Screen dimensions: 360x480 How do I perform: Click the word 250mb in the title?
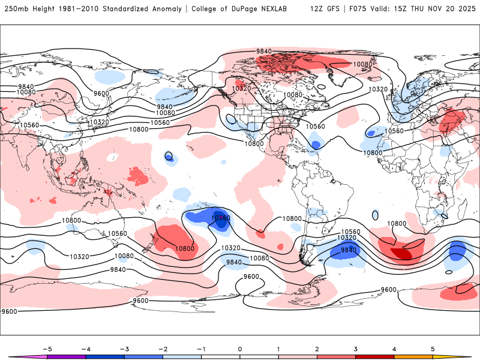click(14, 9)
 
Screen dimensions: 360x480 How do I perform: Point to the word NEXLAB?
click(279, 9)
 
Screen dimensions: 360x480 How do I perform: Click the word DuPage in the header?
click(247, 9)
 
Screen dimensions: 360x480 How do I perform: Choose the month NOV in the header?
click(440, 9)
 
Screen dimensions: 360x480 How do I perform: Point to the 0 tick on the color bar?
click(239, 349)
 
